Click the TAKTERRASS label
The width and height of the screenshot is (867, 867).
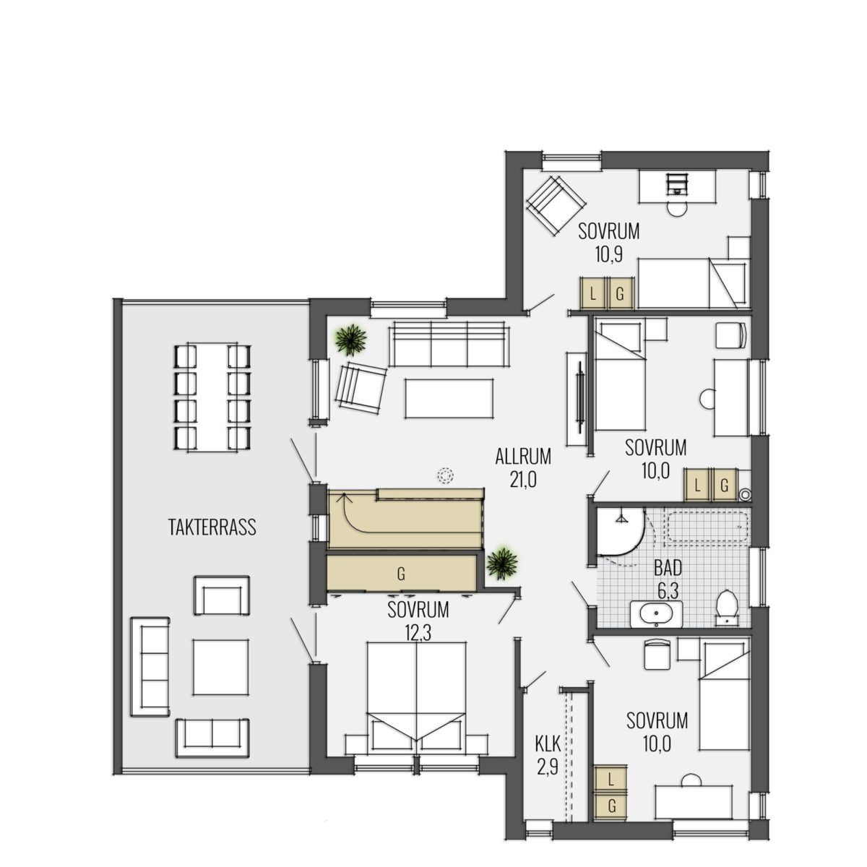click(x=212, y=527)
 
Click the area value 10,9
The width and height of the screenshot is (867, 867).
click(x=609, y=256)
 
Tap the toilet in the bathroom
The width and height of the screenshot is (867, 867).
click(x=726, y=608)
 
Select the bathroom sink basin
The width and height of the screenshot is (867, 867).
click(x=657, y=613)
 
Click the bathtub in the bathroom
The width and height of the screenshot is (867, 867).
click(x=708, y=526)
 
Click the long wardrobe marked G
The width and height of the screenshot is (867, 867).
click(x=401, y=573)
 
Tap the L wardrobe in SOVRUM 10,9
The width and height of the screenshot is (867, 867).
click(x=593, y=294)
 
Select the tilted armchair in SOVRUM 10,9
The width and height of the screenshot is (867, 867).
click(x=556, y=205)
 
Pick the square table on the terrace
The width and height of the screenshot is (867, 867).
click(x=220, y=668)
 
